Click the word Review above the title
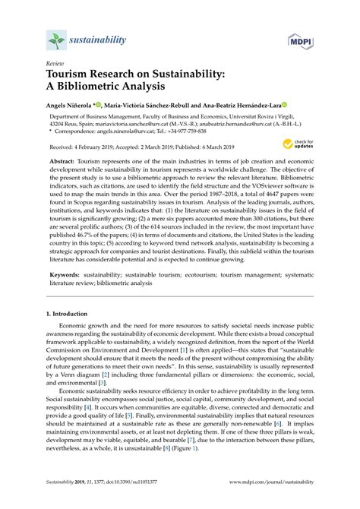55,65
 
